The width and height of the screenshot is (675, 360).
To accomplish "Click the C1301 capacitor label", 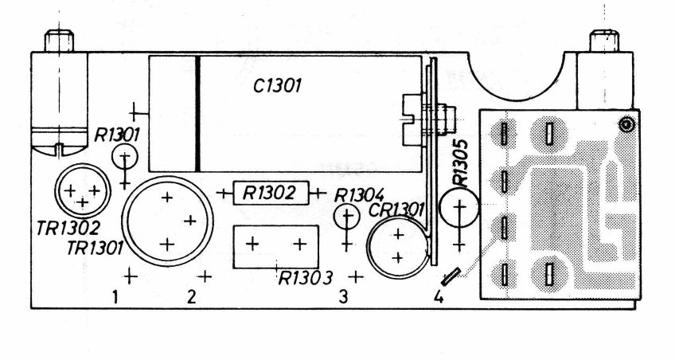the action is (x=277, y=86).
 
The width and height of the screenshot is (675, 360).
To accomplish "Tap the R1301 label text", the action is (x=117, y=135).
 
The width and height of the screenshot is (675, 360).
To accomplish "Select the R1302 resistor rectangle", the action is (x=271, y=193).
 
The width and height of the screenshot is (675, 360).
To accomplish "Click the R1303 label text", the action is (x=306, y=278).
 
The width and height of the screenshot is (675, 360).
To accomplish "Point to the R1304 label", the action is (x=359, y=196).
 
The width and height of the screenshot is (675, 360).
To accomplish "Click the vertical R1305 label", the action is (x=460, y=162).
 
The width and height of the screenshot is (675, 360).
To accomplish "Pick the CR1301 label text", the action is (x=396, y=210).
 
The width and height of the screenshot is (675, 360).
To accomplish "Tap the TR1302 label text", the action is (x=68, y=229).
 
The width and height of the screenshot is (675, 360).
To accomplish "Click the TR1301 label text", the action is (x=96, y=248).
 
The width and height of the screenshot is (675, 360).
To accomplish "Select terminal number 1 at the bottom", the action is (x=115, y=297).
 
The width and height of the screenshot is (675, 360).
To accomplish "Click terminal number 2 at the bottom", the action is (x=191, y=297).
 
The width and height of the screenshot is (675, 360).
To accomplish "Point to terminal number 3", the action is (x=343, y=297).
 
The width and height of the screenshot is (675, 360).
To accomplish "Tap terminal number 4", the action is (x=439, y=297).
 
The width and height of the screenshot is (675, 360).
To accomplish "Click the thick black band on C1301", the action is (x=197, y=114).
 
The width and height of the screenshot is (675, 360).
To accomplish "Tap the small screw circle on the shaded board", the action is (x=626, y=125).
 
